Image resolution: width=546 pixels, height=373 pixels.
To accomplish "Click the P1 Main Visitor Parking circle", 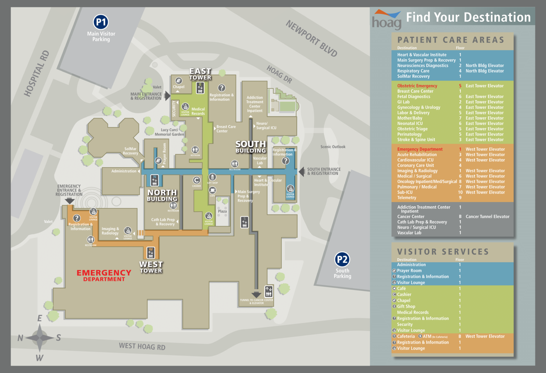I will (x=101, y=22).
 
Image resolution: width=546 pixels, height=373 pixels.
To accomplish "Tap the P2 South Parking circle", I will (x=342, y=259).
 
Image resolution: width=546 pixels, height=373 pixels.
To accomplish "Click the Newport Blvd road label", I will (x=311, y=38).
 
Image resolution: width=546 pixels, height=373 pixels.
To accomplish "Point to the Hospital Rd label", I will (x=36, y=73).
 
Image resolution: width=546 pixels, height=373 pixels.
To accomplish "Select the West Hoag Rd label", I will (x=142, y=346).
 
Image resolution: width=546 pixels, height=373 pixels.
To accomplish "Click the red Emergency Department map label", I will (x=104, y=275).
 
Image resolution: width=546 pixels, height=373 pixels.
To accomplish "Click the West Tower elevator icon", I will (x=151, y=252).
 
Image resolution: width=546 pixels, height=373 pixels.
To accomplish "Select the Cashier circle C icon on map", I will (x=197, y=180).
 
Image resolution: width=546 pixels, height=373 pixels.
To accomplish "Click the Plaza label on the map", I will (x=222, y=211).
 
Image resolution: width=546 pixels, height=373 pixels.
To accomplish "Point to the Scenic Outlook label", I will (x=333, y=147).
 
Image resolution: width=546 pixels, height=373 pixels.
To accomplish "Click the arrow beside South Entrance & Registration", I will (x=301, y=172).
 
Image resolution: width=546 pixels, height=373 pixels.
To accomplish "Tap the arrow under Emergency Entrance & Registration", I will (x=70, y=201).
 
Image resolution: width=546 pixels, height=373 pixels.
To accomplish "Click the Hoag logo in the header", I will (x=386, y=20).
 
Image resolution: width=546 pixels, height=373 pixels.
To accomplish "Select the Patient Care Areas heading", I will (x=451, y=40).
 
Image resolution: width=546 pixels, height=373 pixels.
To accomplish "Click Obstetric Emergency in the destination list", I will (x=417, y=86).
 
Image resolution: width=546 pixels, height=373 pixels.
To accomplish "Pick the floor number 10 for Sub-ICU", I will (x=460, y=192).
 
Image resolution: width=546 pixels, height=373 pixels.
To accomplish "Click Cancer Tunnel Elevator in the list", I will (x=487, y=216).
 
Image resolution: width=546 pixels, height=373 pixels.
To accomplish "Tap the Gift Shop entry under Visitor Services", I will (x=406, y=306).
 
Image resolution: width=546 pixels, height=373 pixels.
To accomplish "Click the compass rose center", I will (x=39, y=337).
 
